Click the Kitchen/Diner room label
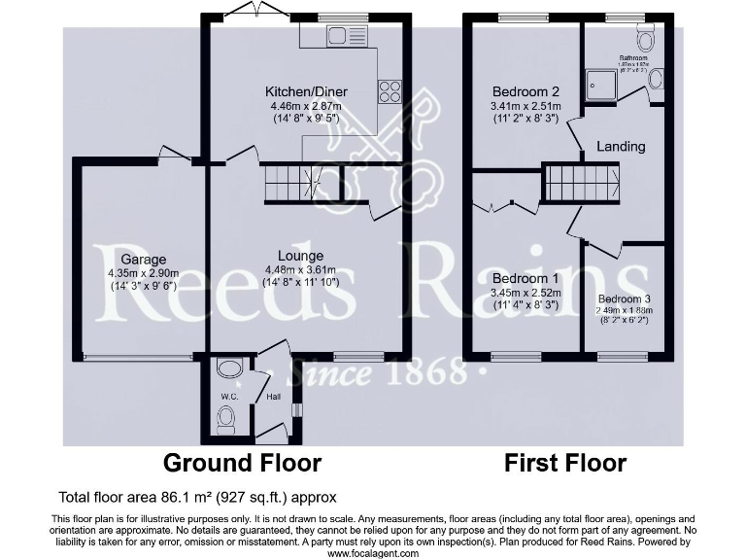(x=306, y=92)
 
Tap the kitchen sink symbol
(x=337, y=37)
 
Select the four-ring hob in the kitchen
(x=390, y=91)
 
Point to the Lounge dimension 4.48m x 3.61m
(x=306, y=270)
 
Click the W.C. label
(x=229, y=396)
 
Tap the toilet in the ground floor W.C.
(x=226, y=419)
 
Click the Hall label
(x=273, y=396)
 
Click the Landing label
(x=621, y=147)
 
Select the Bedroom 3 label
(x=624, y=298)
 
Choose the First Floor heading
(x=564, y=462)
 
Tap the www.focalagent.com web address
(x=373, y=553)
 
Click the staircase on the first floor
(x=581, y=183)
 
